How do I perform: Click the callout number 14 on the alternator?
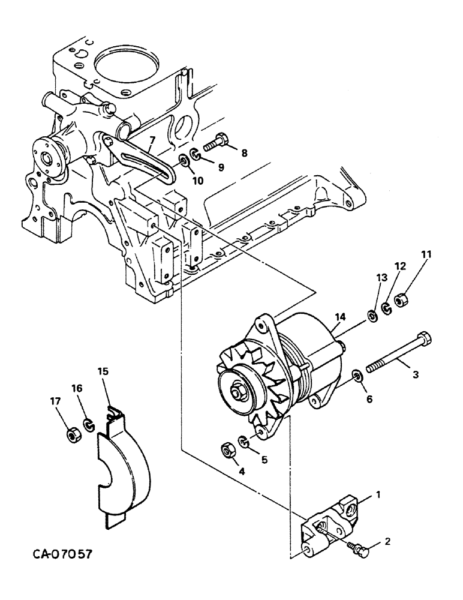point(341,317)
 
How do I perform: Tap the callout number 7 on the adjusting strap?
point(152,141)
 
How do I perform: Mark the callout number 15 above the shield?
point(103,371)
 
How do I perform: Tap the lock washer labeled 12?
point(387,308)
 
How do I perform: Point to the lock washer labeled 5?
point(243,442)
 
